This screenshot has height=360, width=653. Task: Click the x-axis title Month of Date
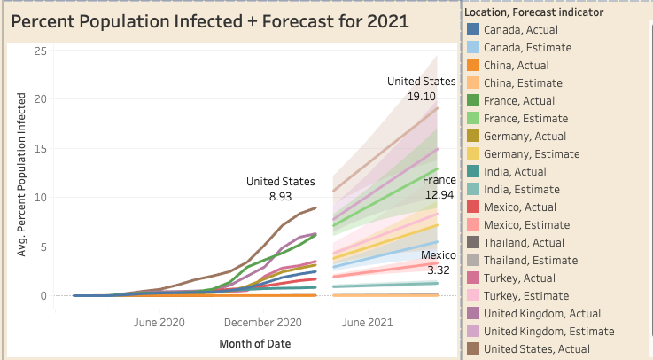(x=255, y=343)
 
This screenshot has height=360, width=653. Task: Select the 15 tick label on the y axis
(x=40, y=148)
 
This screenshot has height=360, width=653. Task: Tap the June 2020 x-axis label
(x=159, y=323)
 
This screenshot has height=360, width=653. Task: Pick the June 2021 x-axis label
(x=368, y=323)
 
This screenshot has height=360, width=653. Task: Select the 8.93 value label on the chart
(x=281, y=195)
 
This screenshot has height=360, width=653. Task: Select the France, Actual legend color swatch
(x=474, y=100)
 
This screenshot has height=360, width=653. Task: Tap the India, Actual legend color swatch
(x=474, y=171)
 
